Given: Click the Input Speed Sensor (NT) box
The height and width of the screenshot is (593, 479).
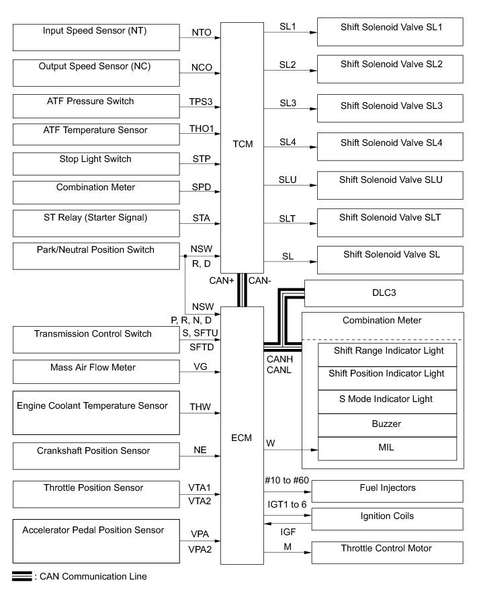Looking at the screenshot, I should pyautogui.click(x=96, y=37).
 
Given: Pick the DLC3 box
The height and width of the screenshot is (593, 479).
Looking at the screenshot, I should pyautogui.click(x=384, y=293).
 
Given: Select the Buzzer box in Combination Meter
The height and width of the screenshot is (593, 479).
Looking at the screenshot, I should pyautogui.click(x=386, y=425).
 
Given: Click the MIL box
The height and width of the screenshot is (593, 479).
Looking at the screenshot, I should pyautogui.click(x=386, y=448).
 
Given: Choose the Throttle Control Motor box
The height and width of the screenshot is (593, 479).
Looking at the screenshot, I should pyautogui.click(x=386, y=552).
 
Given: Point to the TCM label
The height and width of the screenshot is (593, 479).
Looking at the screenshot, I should pyautogui.click(x=242, y=145).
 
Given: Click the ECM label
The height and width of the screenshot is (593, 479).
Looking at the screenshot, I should pyautogui.click(x=242, y=438).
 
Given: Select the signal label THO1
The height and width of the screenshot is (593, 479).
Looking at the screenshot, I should pyautogui.click(x=202, y=129).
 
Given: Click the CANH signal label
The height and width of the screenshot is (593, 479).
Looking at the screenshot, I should pyautogui.click(x=279, y=359).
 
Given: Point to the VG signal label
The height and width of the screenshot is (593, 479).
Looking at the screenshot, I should pyautogui.click(x=200, y=367).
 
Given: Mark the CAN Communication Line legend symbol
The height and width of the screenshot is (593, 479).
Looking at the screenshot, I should pyautogui.click(x=21, y=576).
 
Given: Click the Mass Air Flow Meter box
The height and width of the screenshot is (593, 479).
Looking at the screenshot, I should pyautogui.click(x=96, y=372).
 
